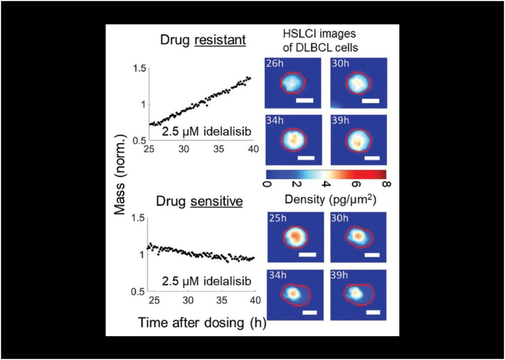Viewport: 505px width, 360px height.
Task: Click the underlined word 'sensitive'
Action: pos(221,202)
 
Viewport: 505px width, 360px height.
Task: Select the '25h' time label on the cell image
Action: pos(275,218)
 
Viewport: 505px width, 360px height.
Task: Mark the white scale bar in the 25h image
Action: pos(307,254)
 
